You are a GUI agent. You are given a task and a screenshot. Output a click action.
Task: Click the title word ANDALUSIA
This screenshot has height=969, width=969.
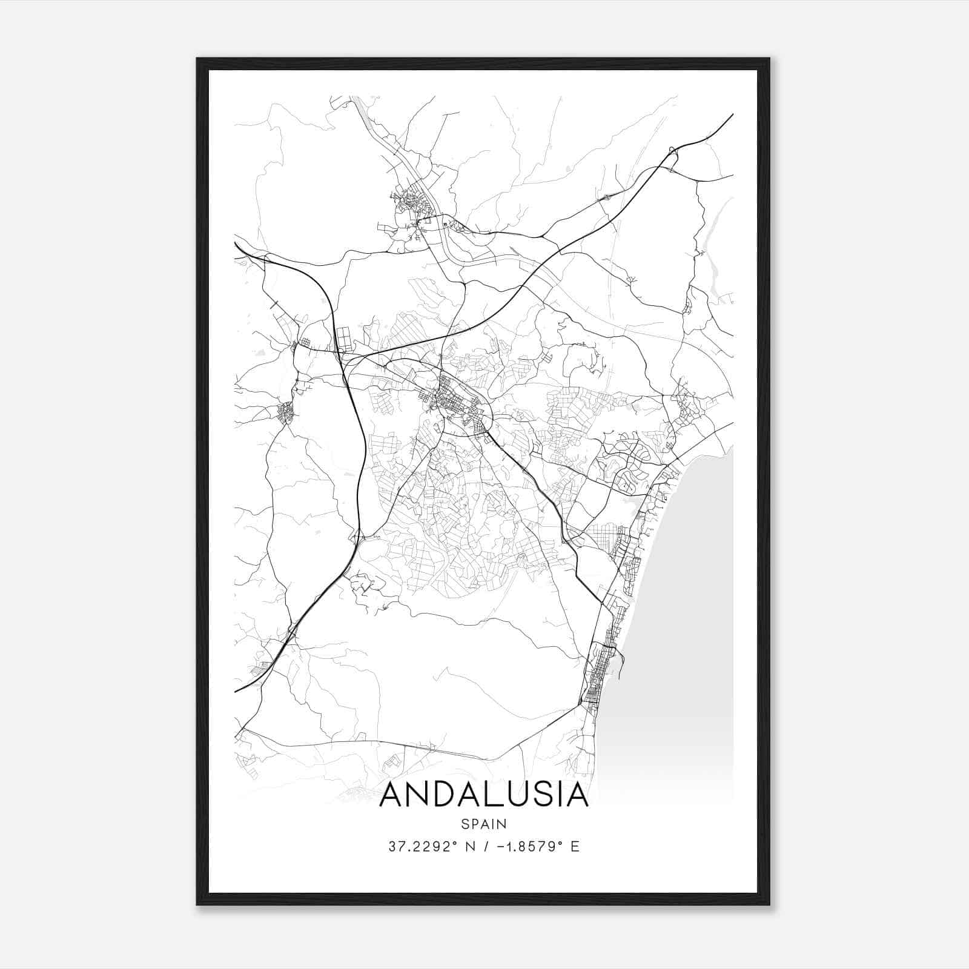pyautogui.click(x=484, y=795)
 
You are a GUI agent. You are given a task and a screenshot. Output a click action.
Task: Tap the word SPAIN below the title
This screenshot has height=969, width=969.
pyautogui.click(x=484, y=824)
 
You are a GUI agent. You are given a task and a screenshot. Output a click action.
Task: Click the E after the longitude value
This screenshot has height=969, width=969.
pyautogui.click(x=575, y=846)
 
